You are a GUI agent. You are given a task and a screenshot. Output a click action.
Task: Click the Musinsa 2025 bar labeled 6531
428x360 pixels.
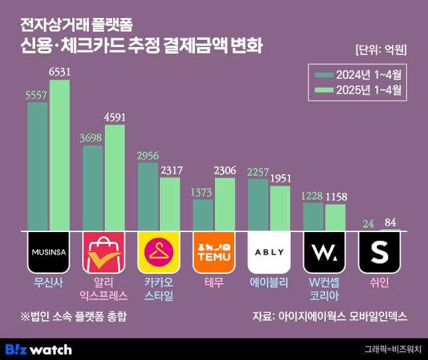tap(59, 156)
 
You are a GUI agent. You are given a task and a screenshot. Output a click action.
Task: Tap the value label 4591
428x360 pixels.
tap(115, 117)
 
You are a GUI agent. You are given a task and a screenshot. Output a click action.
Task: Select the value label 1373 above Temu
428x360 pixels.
tap(203, 192)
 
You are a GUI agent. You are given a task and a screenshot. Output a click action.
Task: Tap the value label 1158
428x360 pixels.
tap(335, 197)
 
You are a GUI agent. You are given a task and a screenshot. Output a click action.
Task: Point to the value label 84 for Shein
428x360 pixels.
tap(391, 222)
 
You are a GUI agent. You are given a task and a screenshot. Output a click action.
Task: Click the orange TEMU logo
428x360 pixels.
tap(212, 252)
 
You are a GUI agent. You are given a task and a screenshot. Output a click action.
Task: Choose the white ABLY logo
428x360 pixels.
tap(269, 252)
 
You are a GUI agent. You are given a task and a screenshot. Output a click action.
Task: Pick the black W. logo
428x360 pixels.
tap(324, 252)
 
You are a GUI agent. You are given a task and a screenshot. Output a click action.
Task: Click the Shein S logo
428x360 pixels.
tap(380, 252)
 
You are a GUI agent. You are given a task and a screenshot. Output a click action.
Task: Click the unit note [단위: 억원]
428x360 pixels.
tap(380, 50)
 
